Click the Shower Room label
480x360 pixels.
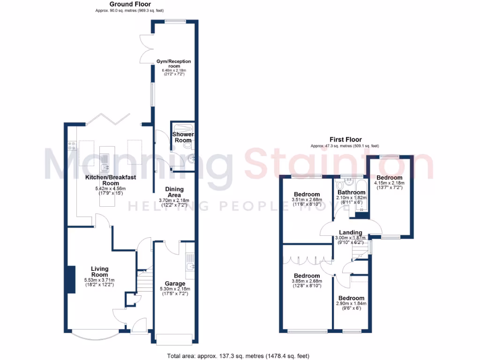click(x=183, y=137)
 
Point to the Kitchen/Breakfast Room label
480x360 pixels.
click(x=104, y=180)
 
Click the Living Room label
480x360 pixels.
click(x=99, y=272)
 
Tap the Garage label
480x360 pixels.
click(x=174, y=284)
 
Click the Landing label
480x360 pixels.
click(x=350, y=232)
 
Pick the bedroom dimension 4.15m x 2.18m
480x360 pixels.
click(x=390, y=183)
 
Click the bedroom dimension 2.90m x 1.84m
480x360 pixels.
click(x=352, y=303)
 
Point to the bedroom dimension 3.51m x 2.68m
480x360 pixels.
click(x=307, y=200)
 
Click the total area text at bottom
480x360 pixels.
click(x=238, y=356)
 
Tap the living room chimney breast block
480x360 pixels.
click(x=71, y=280)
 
